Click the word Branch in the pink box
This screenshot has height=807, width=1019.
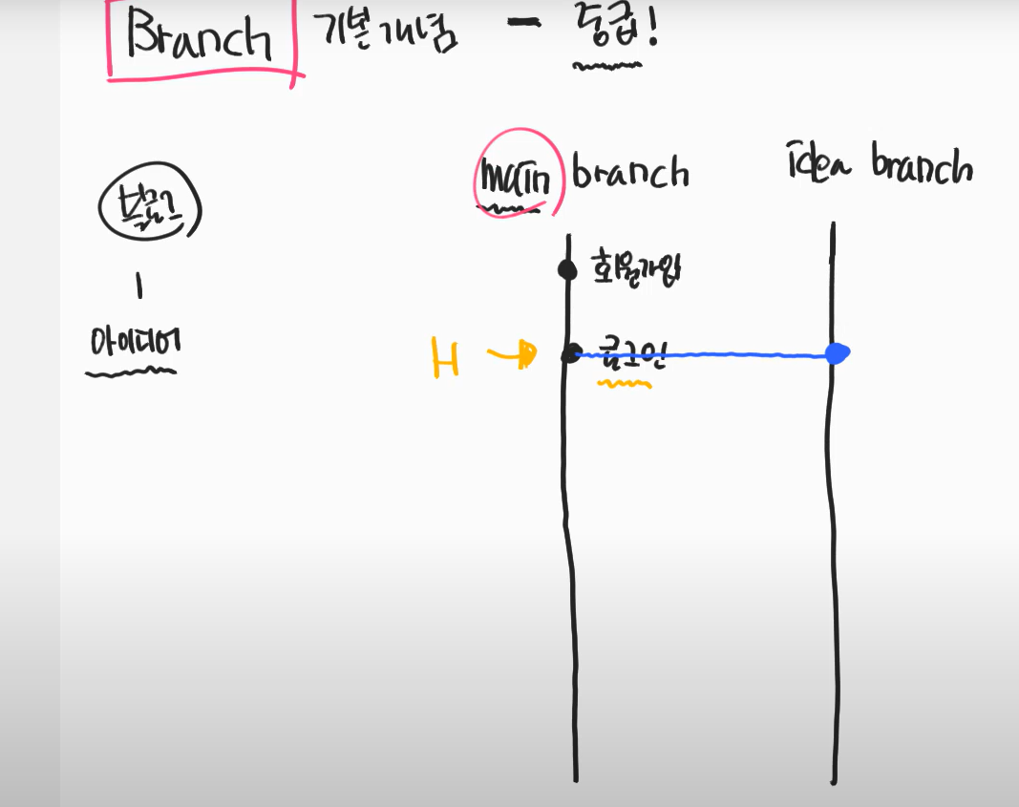(x=202, y=39)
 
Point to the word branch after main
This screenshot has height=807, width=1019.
(x=629, y=173)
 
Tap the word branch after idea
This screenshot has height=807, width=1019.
(x=921, y=166)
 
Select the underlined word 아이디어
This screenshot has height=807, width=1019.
(x=133, y=343)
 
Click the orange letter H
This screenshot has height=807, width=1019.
(x=445, y=358)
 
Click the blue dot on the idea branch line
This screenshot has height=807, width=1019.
(x=837, y=353)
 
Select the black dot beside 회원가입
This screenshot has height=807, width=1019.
(x=567, y=270)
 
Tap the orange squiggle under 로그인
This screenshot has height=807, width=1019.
(x=624, y=385)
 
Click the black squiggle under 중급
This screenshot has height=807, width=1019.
(x=606, y=67)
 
